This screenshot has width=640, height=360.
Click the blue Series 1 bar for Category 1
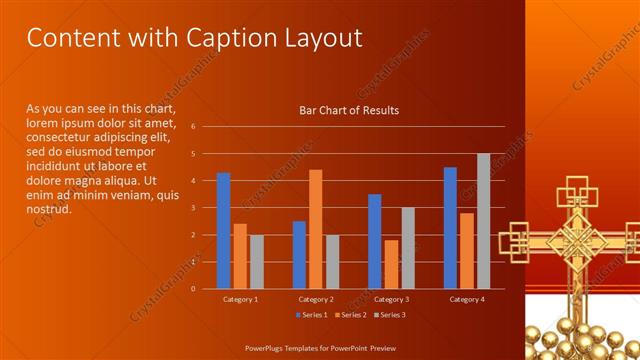tap(224, 231)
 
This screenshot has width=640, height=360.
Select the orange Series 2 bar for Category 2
tap(315, 229)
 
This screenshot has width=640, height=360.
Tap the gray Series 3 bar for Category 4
tap(483, 221)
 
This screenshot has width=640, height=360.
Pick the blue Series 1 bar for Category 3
tap(375, 241)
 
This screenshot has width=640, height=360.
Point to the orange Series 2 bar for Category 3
tap(391, 264)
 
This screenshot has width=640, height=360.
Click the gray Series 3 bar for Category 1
tap(256, 262)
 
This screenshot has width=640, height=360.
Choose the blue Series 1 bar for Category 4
tap(450, 228)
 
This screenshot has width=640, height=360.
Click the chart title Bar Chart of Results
tap(349, 110)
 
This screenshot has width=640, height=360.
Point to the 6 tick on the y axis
tap(193, 127)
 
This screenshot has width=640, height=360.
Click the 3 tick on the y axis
tap(193, 208)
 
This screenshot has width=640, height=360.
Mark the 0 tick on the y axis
tap(193, 288)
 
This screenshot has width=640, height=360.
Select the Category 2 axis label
tap(316, 299)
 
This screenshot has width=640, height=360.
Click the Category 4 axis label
tap(466, 299)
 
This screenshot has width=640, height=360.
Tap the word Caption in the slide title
tap(225, 38)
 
